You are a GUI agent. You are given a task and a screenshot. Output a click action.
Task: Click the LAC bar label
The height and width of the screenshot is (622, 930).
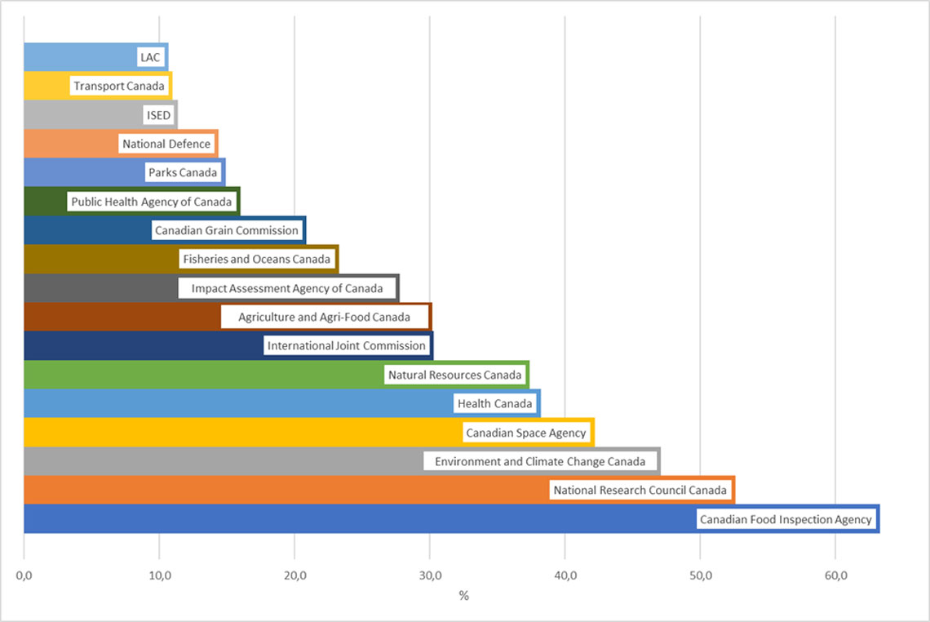click(151, 57)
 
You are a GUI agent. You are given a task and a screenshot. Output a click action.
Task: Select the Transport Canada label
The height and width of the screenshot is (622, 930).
click(119, 86)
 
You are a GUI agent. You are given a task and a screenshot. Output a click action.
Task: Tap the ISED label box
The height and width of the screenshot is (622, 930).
click(159, 115)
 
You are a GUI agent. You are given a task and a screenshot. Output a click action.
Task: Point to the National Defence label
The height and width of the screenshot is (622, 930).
click(166, 144)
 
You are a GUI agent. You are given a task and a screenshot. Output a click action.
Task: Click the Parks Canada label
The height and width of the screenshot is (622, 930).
click(183, 172)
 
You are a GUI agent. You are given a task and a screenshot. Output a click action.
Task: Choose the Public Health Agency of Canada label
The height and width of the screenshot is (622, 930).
click(152, 202)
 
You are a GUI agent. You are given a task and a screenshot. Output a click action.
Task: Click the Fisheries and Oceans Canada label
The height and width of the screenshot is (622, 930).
click(257, 260)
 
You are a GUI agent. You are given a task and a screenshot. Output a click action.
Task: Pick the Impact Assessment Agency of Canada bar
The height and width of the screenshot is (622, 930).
click(98, 288)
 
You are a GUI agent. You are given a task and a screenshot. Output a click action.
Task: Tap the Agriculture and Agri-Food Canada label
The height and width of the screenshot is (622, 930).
click(325, 317)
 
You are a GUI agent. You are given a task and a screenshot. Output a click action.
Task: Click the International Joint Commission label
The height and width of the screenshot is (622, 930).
click(347, 345)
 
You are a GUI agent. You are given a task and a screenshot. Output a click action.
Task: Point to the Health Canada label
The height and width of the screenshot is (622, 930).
click(495, 403)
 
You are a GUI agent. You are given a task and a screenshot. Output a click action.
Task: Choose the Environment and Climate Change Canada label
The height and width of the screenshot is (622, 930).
click(540, 461)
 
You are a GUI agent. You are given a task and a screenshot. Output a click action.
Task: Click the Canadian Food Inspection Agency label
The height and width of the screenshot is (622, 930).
click(786, 519)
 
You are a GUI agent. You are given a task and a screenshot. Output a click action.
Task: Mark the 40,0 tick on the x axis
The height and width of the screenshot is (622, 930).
click(565, 576)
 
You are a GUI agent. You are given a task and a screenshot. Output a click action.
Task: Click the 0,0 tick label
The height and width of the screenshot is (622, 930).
click(24, 576)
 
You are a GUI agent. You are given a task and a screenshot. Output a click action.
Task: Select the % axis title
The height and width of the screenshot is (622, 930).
click(463, 597)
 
